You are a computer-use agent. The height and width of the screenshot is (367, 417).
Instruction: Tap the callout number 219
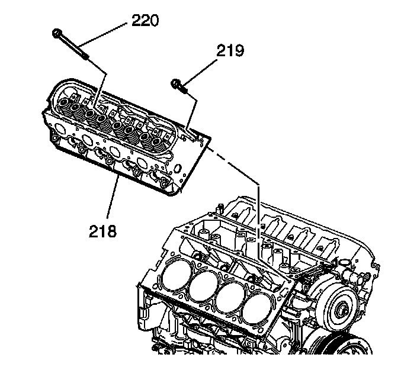229,51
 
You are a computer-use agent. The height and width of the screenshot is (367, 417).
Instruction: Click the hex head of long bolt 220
57,34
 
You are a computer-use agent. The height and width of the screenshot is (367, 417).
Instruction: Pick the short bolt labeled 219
179,86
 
